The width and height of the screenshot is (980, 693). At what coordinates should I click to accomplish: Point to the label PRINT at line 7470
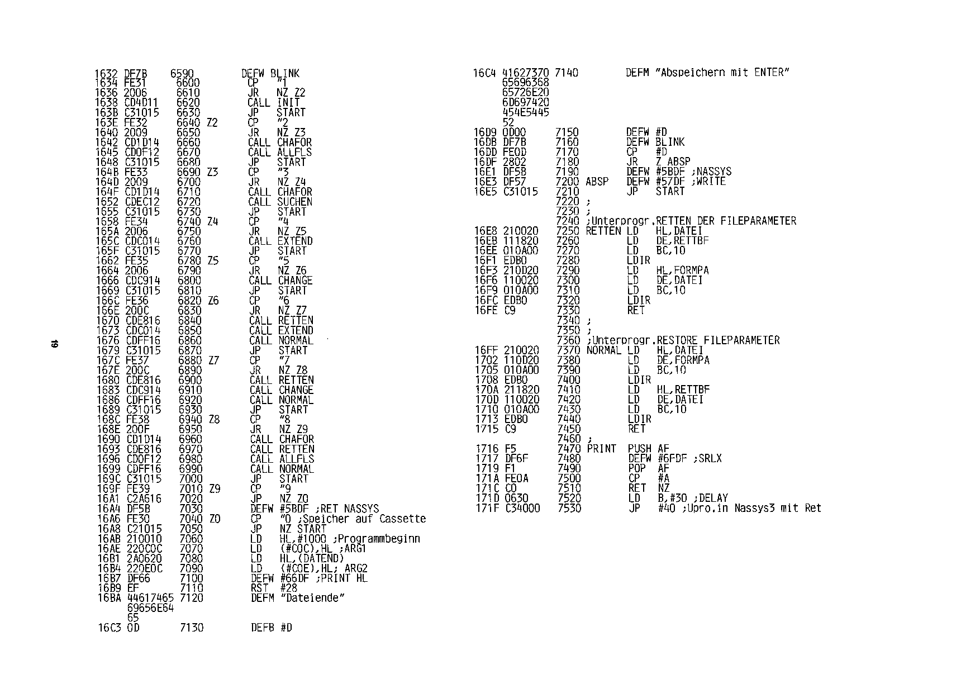601,449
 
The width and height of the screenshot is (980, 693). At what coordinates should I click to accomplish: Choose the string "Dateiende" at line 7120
312,598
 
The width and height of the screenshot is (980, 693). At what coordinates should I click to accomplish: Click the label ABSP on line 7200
597,182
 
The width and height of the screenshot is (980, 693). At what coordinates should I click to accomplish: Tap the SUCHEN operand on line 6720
295,202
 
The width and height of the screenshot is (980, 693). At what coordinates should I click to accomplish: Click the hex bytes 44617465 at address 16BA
150,598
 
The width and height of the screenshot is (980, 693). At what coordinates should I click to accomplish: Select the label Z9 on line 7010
214,489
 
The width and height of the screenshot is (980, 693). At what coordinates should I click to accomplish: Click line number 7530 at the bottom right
569,508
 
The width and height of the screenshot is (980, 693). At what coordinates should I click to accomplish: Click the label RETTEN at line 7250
603,231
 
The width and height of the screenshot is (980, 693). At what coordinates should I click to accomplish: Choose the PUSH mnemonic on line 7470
639,449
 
